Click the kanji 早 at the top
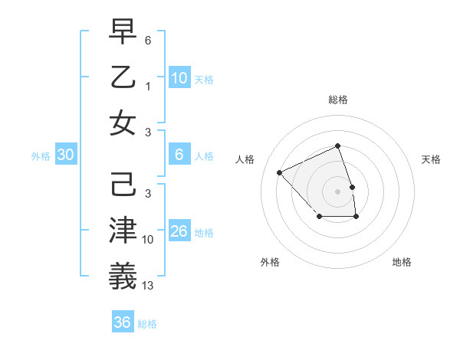pyautogui.click(x=123, y=34)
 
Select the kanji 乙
pyautogui.click(x=123, y=77)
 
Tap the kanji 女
pyautogui.click(x=123, y=122)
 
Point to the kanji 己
pyautogui.click(x=123, y=186)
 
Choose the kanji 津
pyautogui.click(x=123, y=231)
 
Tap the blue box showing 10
pyautogui.click(x=179, y=77)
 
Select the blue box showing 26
pyautogui.click(x=179, y=231)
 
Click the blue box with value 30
pyautogui.click(x=66, y=155)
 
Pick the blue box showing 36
pyautogui.click(x=122, y=322)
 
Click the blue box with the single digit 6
pyautogui.click(x=179, y=155)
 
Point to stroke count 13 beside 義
pyautogui.click(x=148, y=286)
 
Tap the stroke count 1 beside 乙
pyautogui.click(x=148, y=87)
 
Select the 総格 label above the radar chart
pyautogui.click(x=337, y=100)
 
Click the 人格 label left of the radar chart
pyautogui.click(x=245, y=159)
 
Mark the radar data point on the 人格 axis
pyautogui.click(x=280, y=172)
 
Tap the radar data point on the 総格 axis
pyautogui.click(x=337, y=146)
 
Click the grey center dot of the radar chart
pyautogui.click(x=337, y=191)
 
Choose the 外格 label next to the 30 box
pyautogui.click(x=41, y=155)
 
